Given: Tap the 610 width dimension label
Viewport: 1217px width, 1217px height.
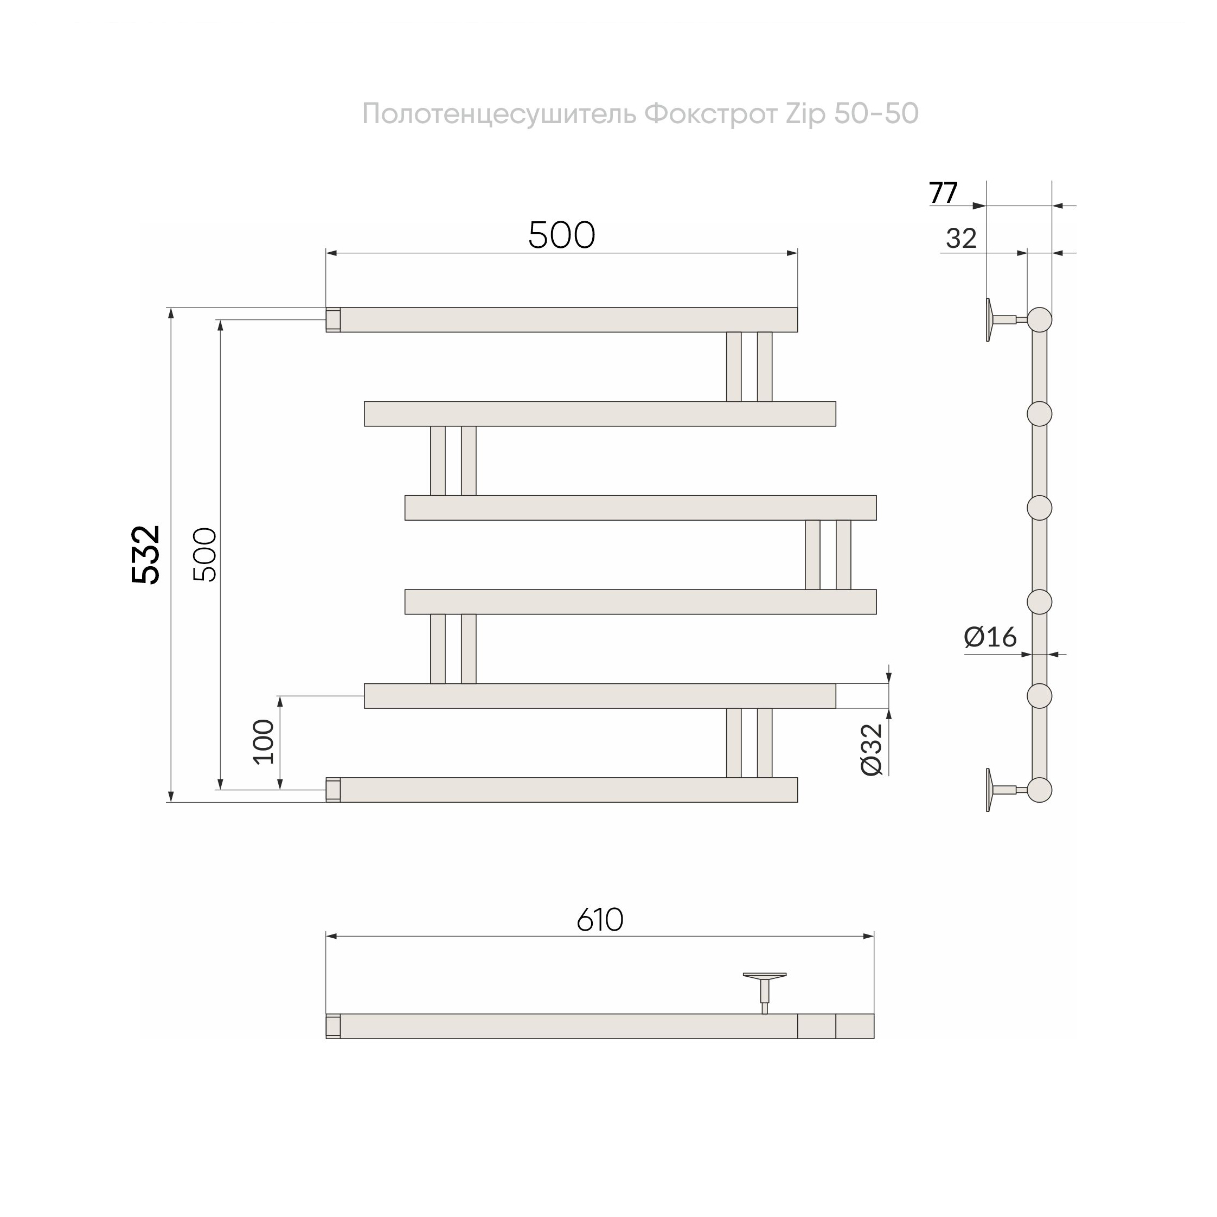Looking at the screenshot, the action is coord(600,920).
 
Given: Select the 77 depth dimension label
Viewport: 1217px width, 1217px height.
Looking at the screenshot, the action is coord(943,193).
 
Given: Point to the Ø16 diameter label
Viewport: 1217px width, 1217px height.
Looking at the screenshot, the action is coord(990,637).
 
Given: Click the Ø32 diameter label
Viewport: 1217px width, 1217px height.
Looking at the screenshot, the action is coord(873,750).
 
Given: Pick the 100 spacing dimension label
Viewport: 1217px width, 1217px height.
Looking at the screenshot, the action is coord(264,741).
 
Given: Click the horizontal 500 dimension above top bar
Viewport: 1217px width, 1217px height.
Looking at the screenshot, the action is coord(561,235).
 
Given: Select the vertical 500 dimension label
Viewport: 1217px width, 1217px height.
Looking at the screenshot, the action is coord(206,555).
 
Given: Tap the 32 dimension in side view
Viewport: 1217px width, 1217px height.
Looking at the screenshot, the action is coord(961,239).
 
